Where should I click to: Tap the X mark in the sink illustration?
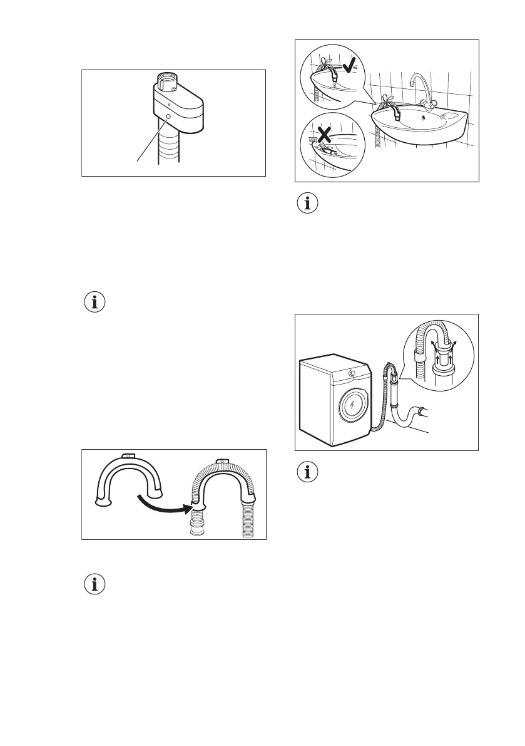324,135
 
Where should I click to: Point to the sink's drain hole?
424,115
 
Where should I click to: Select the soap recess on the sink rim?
447,115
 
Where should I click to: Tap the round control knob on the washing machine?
352,373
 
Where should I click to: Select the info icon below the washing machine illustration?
307,473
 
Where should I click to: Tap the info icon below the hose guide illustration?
95,584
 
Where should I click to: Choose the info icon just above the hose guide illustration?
95,303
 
